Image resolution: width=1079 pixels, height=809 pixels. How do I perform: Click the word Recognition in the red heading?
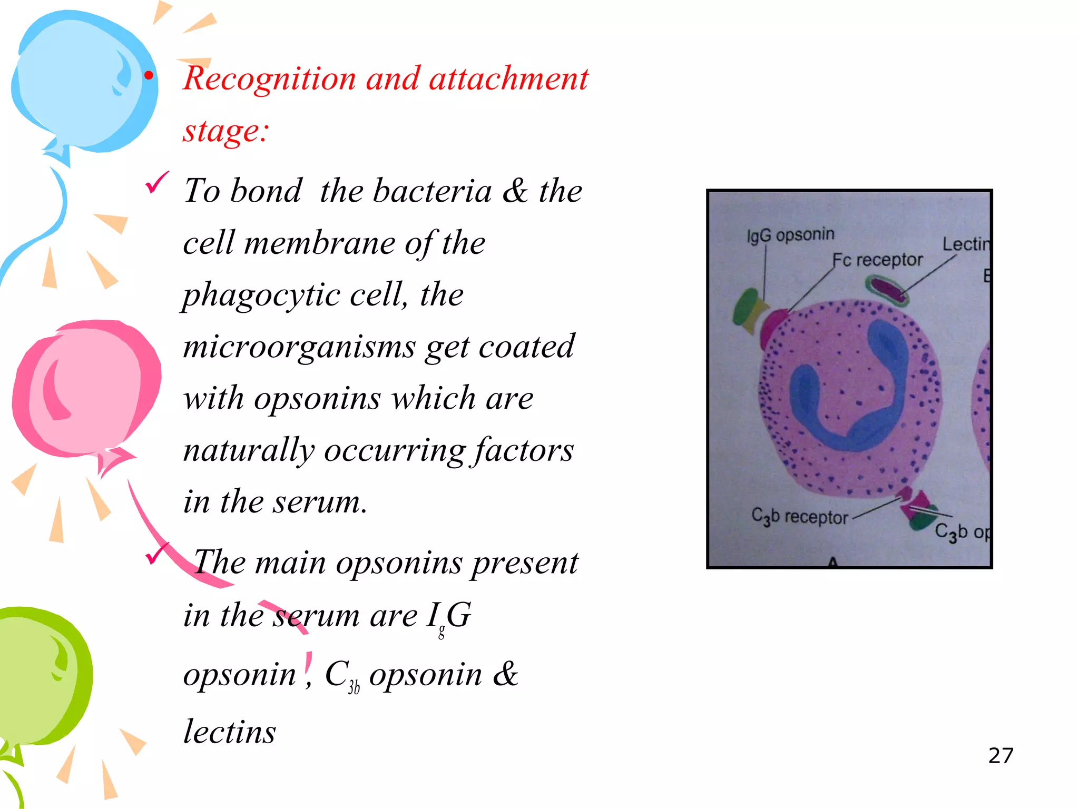coord(269,79)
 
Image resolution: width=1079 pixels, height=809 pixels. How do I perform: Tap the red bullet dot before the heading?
coord(149,76)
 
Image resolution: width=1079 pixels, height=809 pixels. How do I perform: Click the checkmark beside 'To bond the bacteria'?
coord(157,182)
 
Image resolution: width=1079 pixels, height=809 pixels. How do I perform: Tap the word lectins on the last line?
coord(229,732)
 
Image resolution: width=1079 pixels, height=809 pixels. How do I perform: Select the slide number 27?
coord(1000,755)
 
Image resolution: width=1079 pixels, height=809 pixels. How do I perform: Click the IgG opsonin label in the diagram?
coord(790,234)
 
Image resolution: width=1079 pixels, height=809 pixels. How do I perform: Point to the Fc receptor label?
coord(877,260)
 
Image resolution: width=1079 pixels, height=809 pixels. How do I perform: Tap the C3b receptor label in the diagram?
coord(799,517)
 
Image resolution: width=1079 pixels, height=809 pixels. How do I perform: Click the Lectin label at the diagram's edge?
coord(966,244)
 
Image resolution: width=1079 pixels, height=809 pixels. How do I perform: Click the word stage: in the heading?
coord(226,130)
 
